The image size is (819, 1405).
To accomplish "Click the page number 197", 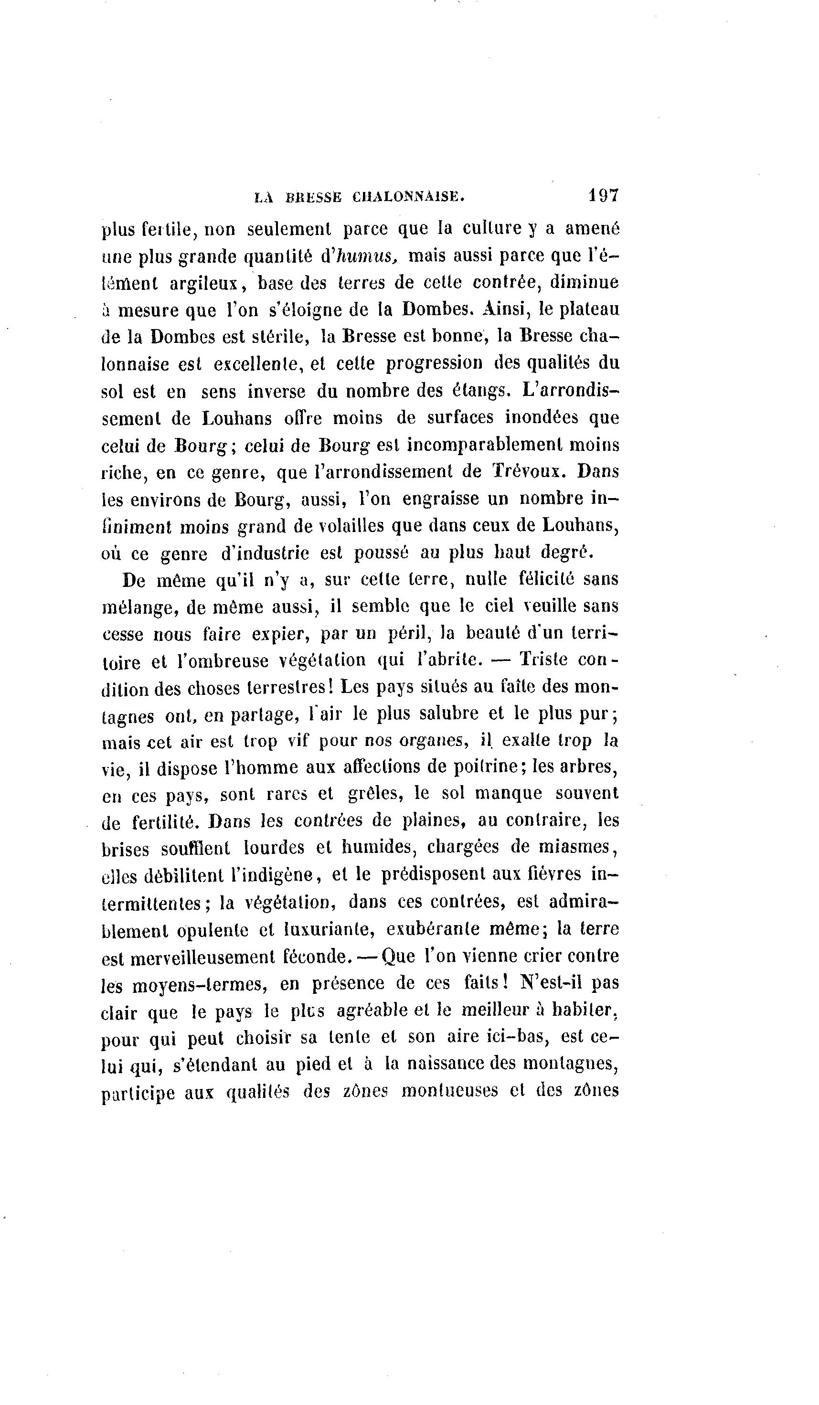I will [x=602, y=195].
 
